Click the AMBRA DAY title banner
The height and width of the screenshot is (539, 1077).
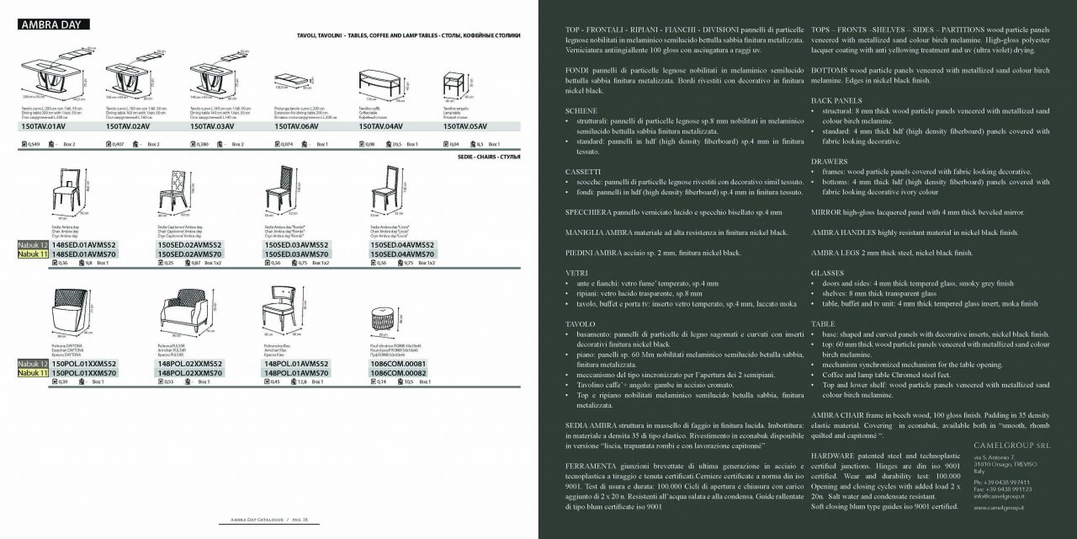coord(50,24)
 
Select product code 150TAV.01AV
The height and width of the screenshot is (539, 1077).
coord(43,125)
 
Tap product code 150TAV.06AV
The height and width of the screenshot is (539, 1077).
coord(296,125)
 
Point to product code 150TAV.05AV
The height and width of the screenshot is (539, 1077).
coord(465,125)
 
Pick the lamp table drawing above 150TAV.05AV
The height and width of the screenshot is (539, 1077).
coord(454,84)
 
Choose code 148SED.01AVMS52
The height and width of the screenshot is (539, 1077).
coord(84,245)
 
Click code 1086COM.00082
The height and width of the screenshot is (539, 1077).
coord(398,372)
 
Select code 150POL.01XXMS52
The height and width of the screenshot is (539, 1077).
coord(84,364)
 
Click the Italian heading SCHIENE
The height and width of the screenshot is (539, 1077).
coord(581,111)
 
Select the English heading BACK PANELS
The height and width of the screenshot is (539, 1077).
coord(836,100)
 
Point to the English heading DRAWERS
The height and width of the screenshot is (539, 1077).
coord(829,161)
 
